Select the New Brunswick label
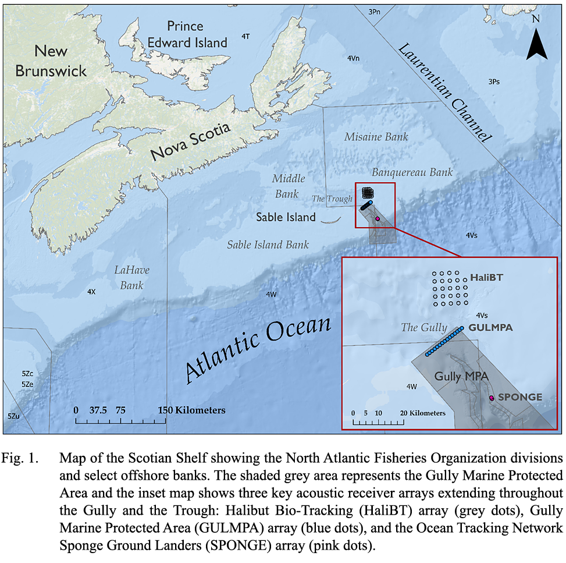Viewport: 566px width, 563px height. pyautogui.click(x=51, y=61)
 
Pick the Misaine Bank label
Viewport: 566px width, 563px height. pyautogui.click(x=371, y=137)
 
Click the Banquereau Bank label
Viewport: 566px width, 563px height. pyautogui.click(x=412, y=172)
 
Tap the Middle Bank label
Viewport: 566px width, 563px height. pyautogui.click(x=288, y=186)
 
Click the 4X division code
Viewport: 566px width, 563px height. pyautogui.click(x=91, y=291)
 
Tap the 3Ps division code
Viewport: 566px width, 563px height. pyautogui.click(x=493, y=82)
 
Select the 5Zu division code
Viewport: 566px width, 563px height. pyautogui.click(x=13, y=416)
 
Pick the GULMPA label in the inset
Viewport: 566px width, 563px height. pyautogui.click(x=490, y=328)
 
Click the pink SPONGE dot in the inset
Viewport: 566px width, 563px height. pyautogui.click(x=492, y=398)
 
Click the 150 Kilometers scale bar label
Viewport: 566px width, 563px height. pyautogui.click(x=191, y=410)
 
